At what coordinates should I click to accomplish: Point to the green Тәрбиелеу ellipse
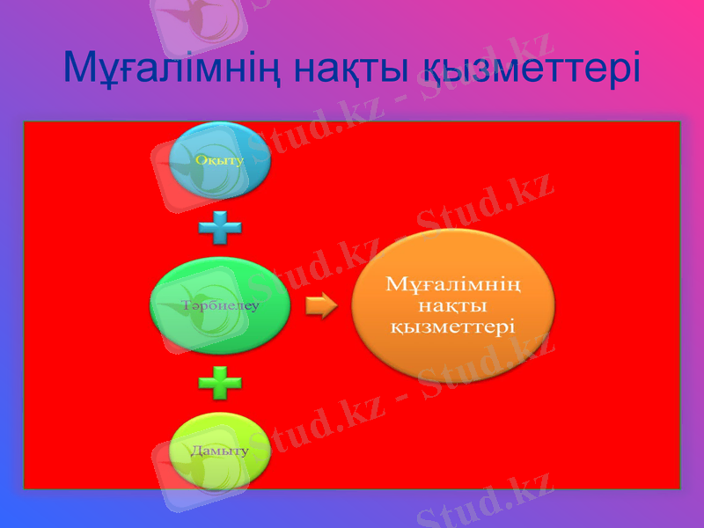tap(220, 305)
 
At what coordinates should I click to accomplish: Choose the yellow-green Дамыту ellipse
tap(219, 450)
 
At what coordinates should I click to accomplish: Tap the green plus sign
tap(220, 382)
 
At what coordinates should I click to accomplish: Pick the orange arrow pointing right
tap(322, 306)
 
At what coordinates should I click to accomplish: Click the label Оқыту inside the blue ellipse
tap(220, 160)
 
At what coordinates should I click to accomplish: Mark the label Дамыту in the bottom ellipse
tap(220, 450)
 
